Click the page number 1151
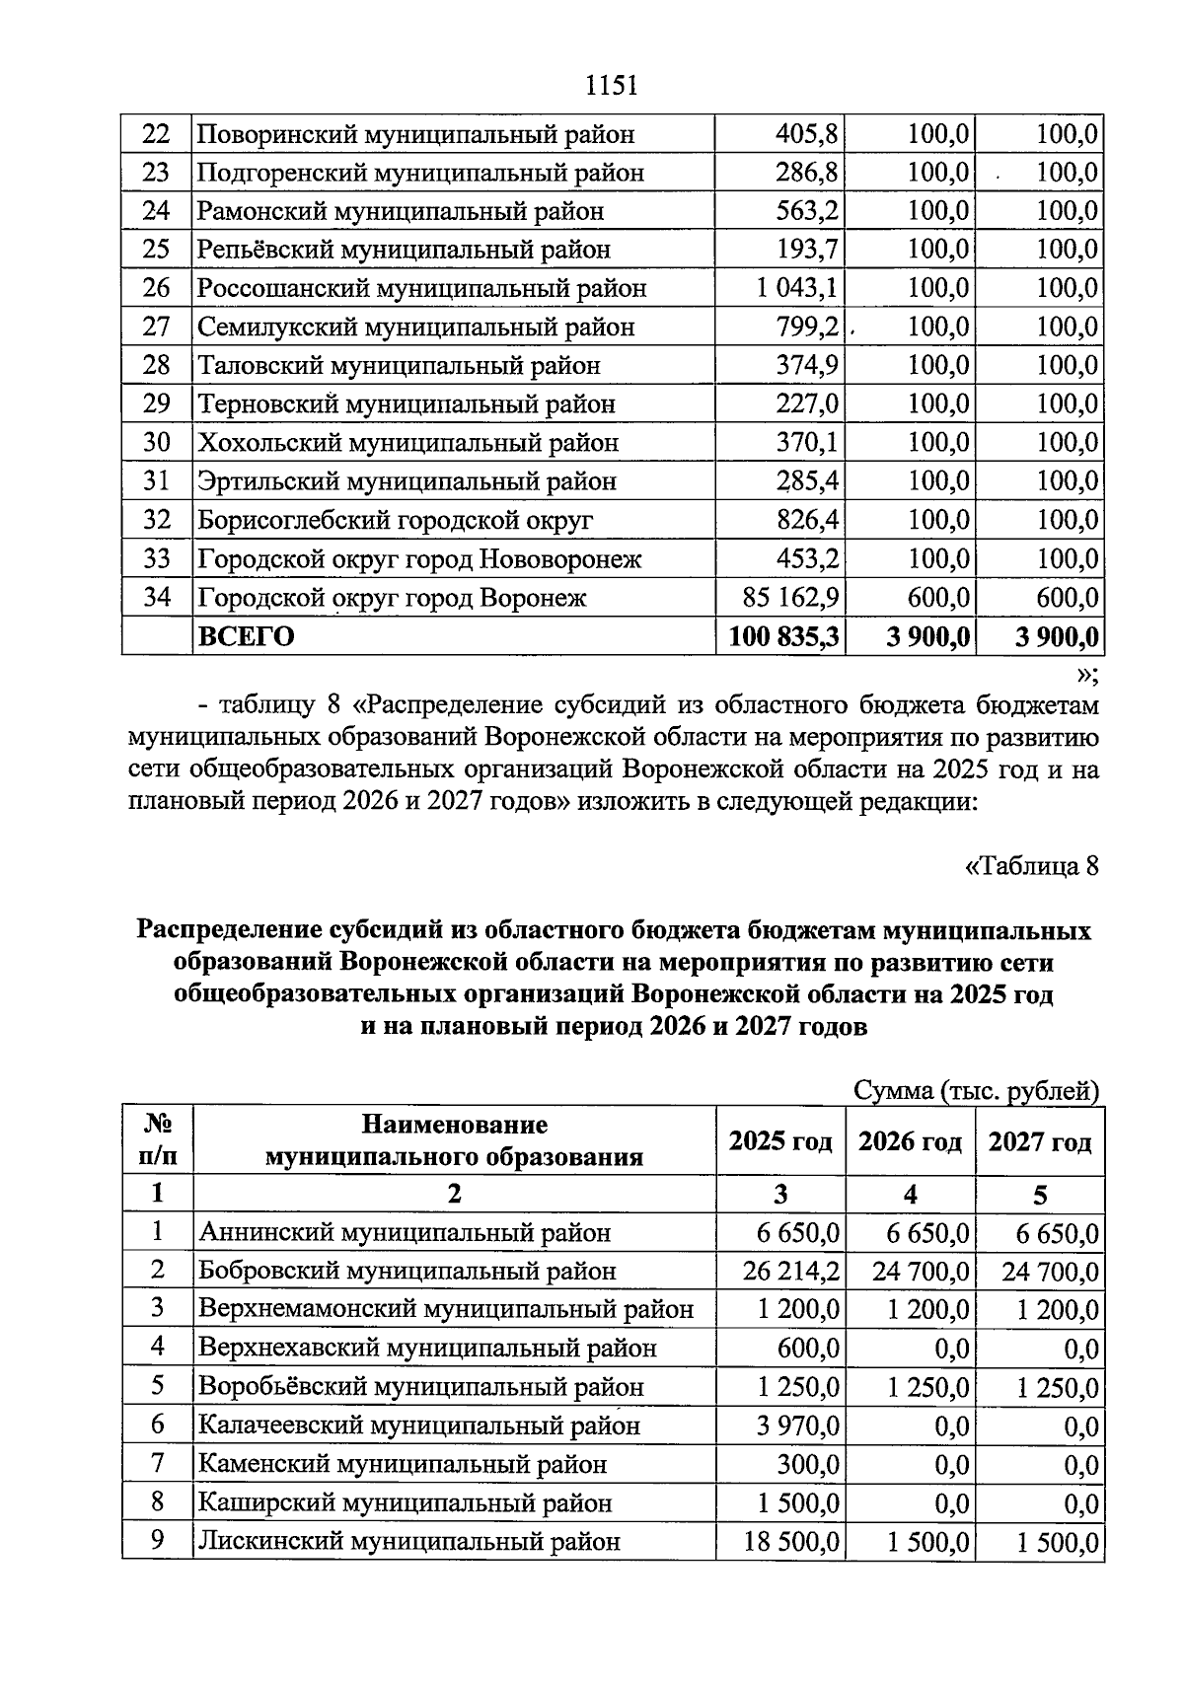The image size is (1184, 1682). click(x=612, y=86)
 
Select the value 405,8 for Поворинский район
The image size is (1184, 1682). click(x=806, y=134)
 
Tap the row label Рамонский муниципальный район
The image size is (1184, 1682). click(x=401, y=212)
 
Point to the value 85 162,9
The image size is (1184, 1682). click(x=790, y=598)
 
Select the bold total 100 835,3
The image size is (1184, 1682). click(x=783, y=637)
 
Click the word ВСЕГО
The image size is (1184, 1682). click(x=247, y=637)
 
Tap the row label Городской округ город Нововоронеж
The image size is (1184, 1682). click(x=419, y=559)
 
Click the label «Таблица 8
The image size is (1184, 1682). click(x=1030, y=867)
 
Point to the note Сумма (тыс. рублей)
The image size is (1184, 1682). click(x=976, y=1091)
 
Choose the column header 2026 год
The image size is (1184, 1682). click(x=910, y=1142)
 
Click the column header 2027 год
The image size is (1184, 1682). click(x=1040, y=1142)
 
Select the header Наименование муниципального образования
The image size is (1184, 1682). click(x=454, y=1141)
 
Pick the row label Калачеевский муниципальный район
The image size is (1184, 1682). click(x=419, y=1426)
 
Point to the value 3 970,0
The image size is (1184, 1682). click(x=798, y=1426)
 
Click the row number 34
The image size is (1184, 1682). click(x=157, y=598)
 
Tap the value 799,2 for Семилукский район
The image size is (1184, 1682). click(x=806, y=328)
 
